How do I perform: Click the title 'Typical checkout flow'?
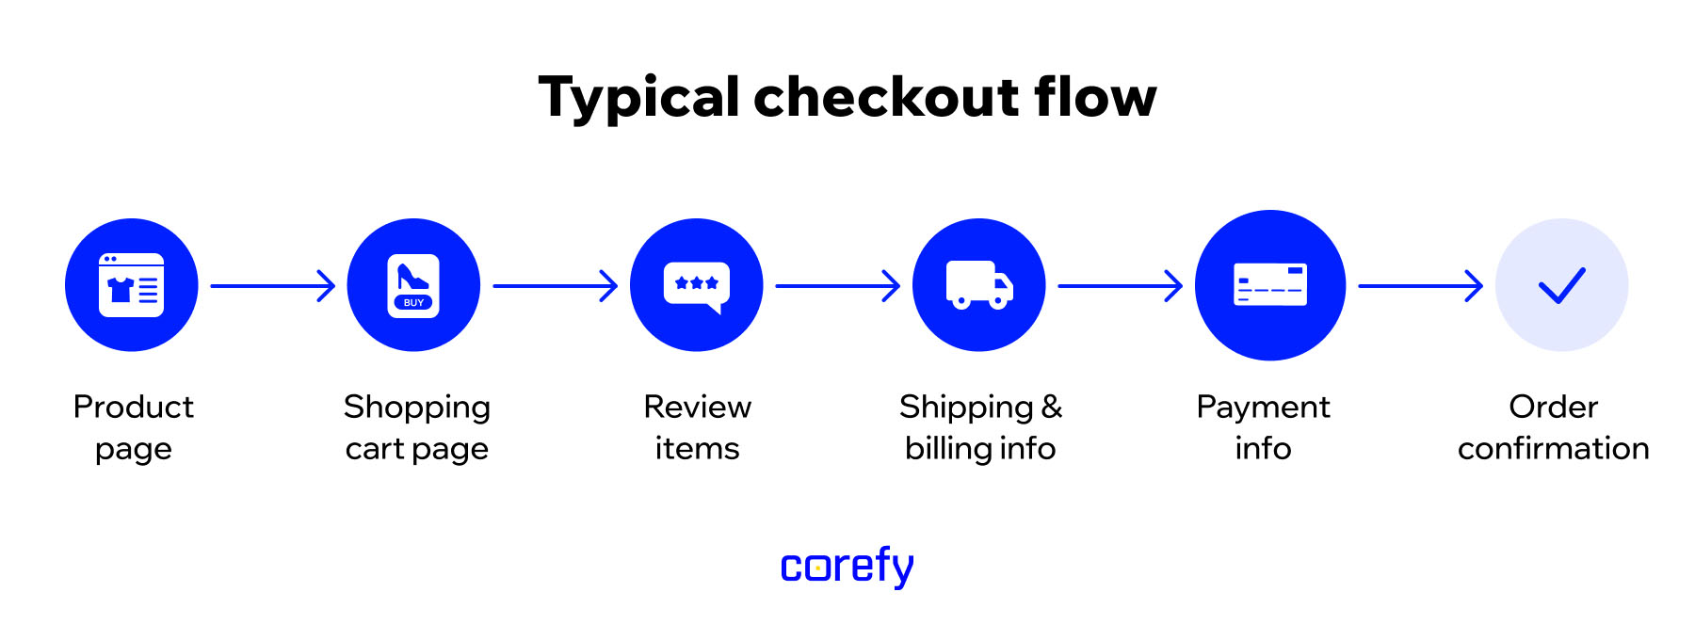[x=847, y=97]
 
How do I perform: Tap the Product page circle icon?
[x=132, y=285]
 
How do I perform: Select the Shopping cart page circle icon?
[x=413, y=285]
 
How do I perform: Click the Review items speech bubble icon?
[x=697, y=285]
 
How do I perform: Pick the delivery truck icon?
[x=979, y=285]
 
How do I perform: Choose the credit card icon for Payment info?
[x=1270, y=285]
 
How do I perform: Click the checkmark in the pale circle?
[x=1561, y=285]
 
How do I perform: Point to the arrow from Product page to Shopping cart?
[x=272, y=285]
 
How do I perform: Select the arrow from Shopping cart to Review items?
[x=555, y=285]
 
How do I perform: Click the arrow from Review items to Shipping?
[x=837, y=285]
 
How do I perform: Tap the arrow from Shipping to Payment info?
[x=1120, y=285]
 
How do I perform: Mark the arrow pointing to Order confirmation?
[x=1420, y=285]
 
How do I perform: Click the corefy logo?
[x=847, y=567]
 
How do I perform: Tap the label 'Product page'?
[x=133, y=427]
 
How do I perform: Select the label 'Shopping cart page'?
[x=417, y=427]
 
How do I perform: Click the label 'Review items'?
[x=697, y=427]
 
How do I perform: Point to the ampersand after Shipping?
[x=1052, y=407]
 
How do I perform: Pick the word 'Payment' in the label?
[x=1263, y=407]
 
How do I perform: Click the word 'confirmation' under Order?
[x=1553, y=449]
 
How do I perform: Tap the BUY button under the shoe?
[x=413, y=302]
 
